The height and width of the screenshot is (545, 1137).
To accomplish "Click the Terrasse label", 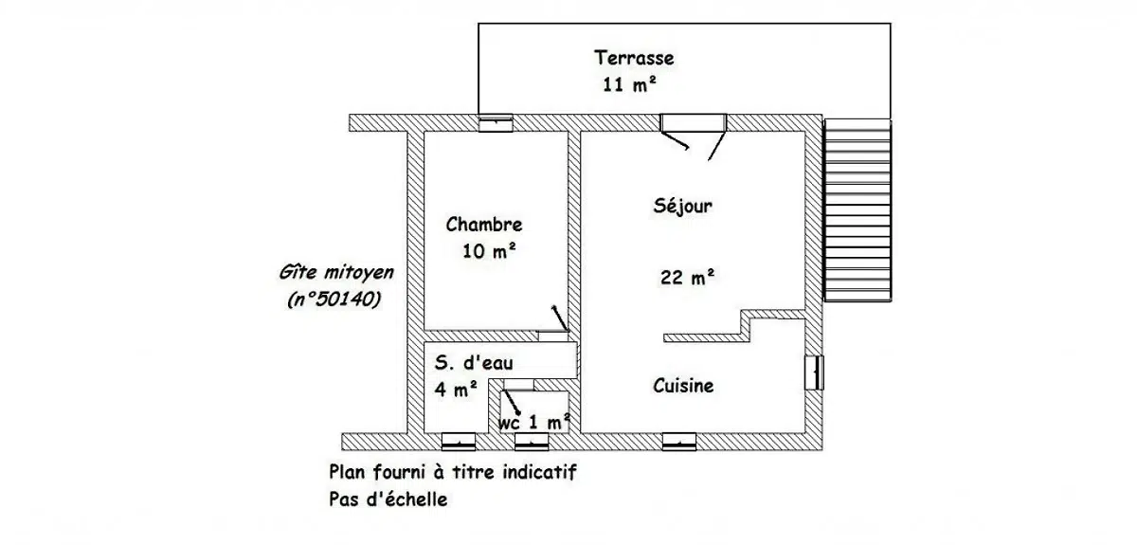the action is [x=634, y=58].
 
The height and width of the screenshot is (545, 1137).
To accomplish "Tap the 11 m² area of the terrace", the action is [x=629, y=83].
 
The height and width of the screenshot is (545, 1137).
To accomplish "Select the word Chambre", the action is [x=484, y=225].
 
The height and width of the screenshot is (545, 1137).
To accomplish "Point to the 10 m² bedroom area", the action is [x=489, y=251].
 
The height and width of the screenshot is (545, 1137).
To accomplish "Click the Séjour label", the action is [x=683, y=206].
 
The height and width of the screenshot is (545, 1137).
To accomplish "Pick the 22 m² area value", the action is [x=687, y=278].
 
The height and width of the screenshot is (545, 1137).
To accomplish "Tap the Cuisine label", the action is [x=683, y=386].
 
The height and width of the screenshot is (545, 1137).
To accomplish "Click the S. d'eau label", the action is [x=474, y=363].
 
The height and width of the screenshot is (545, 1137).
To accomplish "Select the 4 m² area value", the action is [x=456, y=390].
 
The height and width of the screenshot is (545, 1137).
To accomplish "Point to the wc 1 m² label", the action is [x=534, y=423].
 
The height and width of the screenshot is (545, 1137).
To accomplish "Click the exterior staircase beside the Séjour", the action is [x=857, y=210].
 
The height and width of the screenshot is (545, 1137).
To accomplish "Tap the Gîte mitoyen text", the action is [x=336, y=273].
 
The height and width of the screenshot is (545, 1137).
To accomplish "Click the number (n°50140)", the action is [x=334, y=300].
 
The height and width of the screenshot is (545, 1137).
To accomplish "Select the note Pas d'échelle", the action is [x=388, y=500].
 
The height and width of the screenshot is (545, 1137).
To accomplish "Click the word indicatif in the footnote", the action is [x=539, y=472].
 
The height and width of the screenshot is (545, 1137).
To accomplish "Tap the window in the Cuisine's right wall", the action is [x=814, y=372].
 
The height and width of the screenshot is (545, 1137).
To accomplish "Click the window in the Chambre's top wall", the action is [x=496, y=123].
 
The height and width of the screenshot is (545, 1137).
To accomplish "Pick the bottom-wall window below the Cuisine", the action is [x=679, y=442].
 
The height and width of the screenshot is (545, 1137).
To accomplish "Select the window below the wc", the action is [x=532, y=442].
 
